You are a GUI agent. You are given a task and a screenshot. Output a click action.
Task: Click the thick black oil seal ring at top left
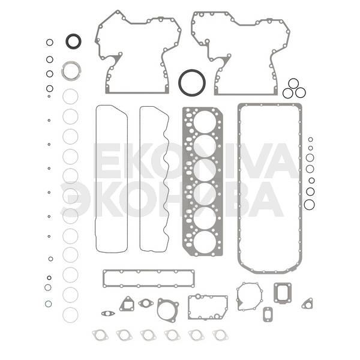tap(68, 41)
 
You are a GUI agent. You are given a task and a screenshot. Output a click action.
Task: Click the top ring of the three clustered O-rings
tap(293, 79)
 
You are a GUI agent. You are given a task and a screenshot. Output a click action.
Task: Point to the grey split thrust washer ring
tap(64, 71)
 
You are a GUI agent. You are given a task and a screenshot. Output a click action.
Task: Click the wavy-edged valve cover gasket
tap(140, 179)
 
